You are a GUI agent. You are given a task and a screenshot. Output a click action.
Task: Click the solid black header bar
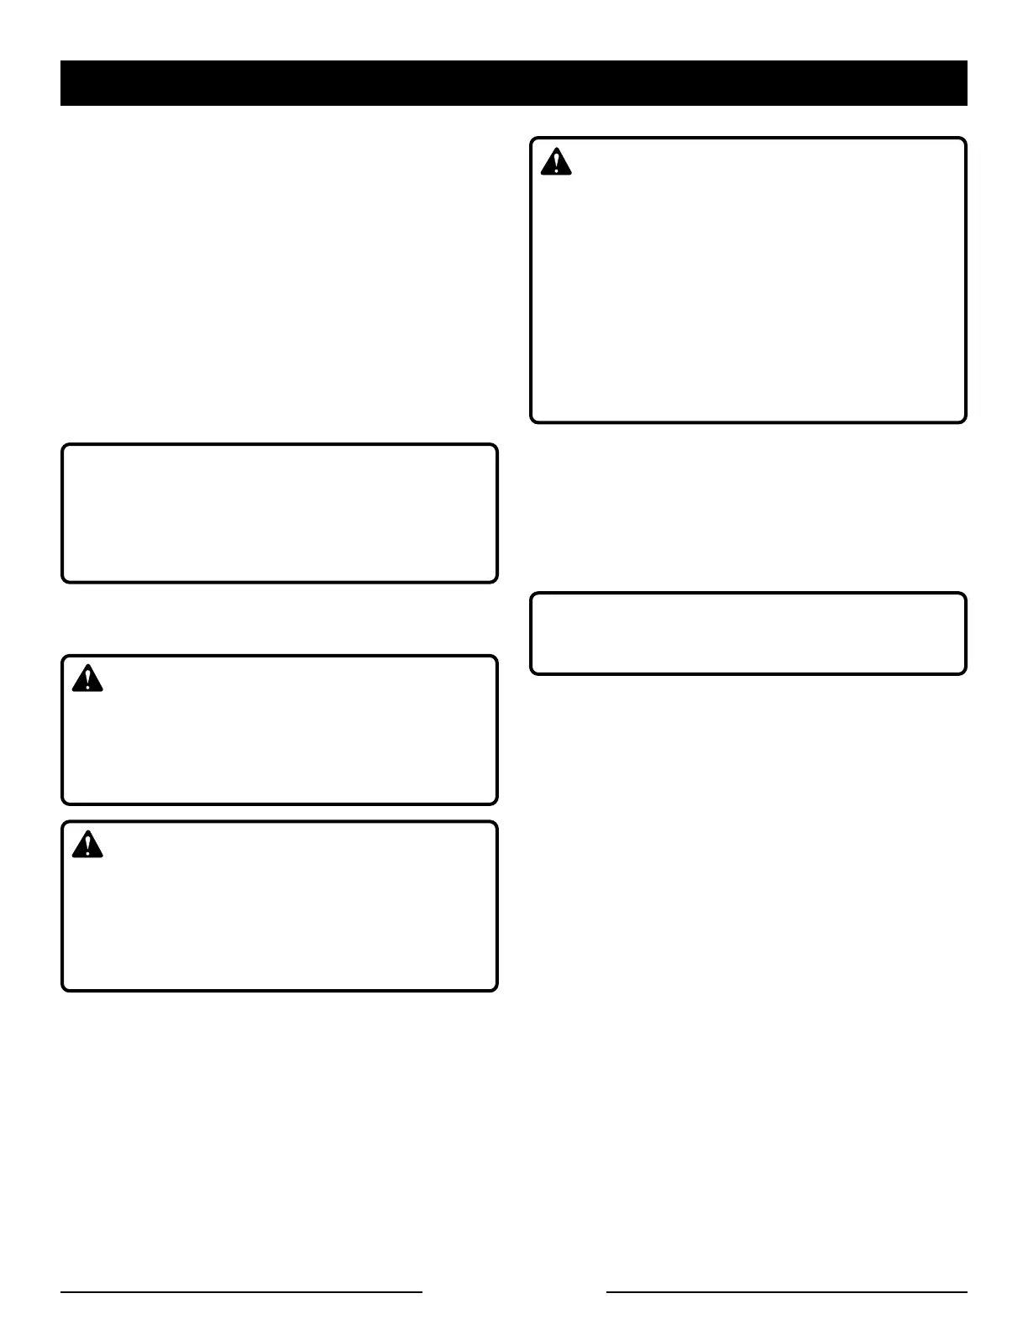click(514, 83)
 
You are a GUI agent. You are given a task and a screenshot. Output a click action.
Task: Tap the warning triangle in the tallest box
click(556, 162)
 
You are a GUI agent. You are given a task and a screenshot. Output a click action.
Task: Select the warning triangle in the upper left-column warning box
click(87, 678)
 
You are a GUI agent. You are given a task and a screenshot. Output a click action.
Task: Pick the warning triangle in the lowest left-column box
click(87, 845)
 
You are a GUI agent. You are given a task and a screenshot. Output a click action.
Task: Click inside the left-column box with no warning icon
click(280, 514)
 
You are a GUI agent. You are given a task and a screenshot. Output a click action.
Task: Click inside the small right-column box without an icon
click(748, 634)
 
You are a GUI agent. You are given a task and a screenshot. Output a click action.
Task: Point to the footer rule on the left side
click(241, 1292)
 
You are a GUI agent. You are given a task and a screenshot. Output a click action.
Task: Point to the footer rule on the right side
click(787, 1292)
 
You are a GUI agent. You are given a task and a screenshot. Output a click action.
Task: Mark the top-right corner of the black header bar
click(967, 61)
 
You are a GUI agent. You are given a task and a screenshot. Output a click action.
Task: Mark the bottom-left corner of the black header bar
click(61, 105)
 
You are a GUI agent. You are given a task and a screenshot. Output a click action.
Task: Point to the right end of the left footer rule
click(422, 1292)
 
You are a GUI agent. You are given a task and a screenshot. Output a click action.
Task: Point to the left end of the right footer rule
click(607, 1292)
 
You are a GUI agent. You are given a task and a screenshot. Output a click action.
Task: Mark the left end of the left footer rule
click(61, 1292)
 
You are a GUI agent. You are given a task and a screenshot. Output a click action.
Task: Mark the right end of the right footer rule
click(967, 1292)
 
